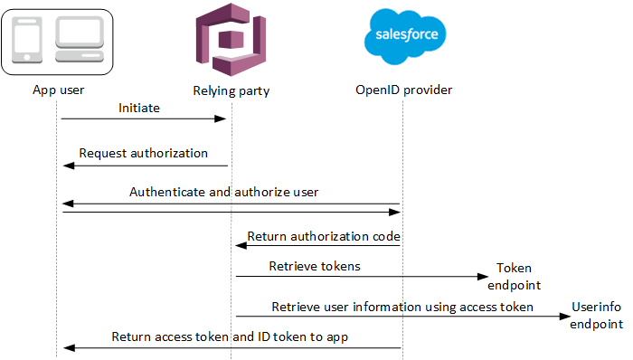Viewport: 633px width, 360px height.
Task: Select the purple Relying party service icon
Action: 231,41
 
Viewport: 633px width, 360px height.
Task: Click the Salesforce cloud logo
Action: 404,37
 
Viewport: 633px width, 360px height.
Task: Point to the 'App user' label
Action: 60,90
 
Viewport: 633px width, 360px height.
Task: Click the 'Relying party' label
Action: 231,90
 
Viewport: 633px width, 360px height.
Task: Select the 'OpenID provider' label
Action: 404,90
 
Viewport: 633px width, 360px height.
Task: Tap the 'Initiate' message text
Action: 139,108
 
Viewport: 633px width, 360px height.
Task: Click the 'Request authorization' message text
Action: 143,153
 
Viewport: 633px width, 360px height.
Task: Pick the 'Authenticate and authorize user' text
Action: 223,192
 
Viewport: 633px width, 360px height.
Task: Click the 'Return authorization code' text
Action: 323,237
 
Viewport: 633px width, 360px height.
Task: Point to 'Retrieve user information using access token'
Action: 402,307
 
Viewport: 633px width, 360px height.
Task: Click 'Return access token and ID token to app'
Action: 230,336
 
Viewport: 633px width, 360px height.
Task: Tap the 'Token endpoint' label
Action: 514,275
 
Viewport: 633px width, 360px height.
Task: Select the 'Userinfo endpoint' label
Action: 597,316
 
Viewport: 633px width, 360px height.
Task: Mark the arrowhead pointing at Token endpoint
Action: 483,277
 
